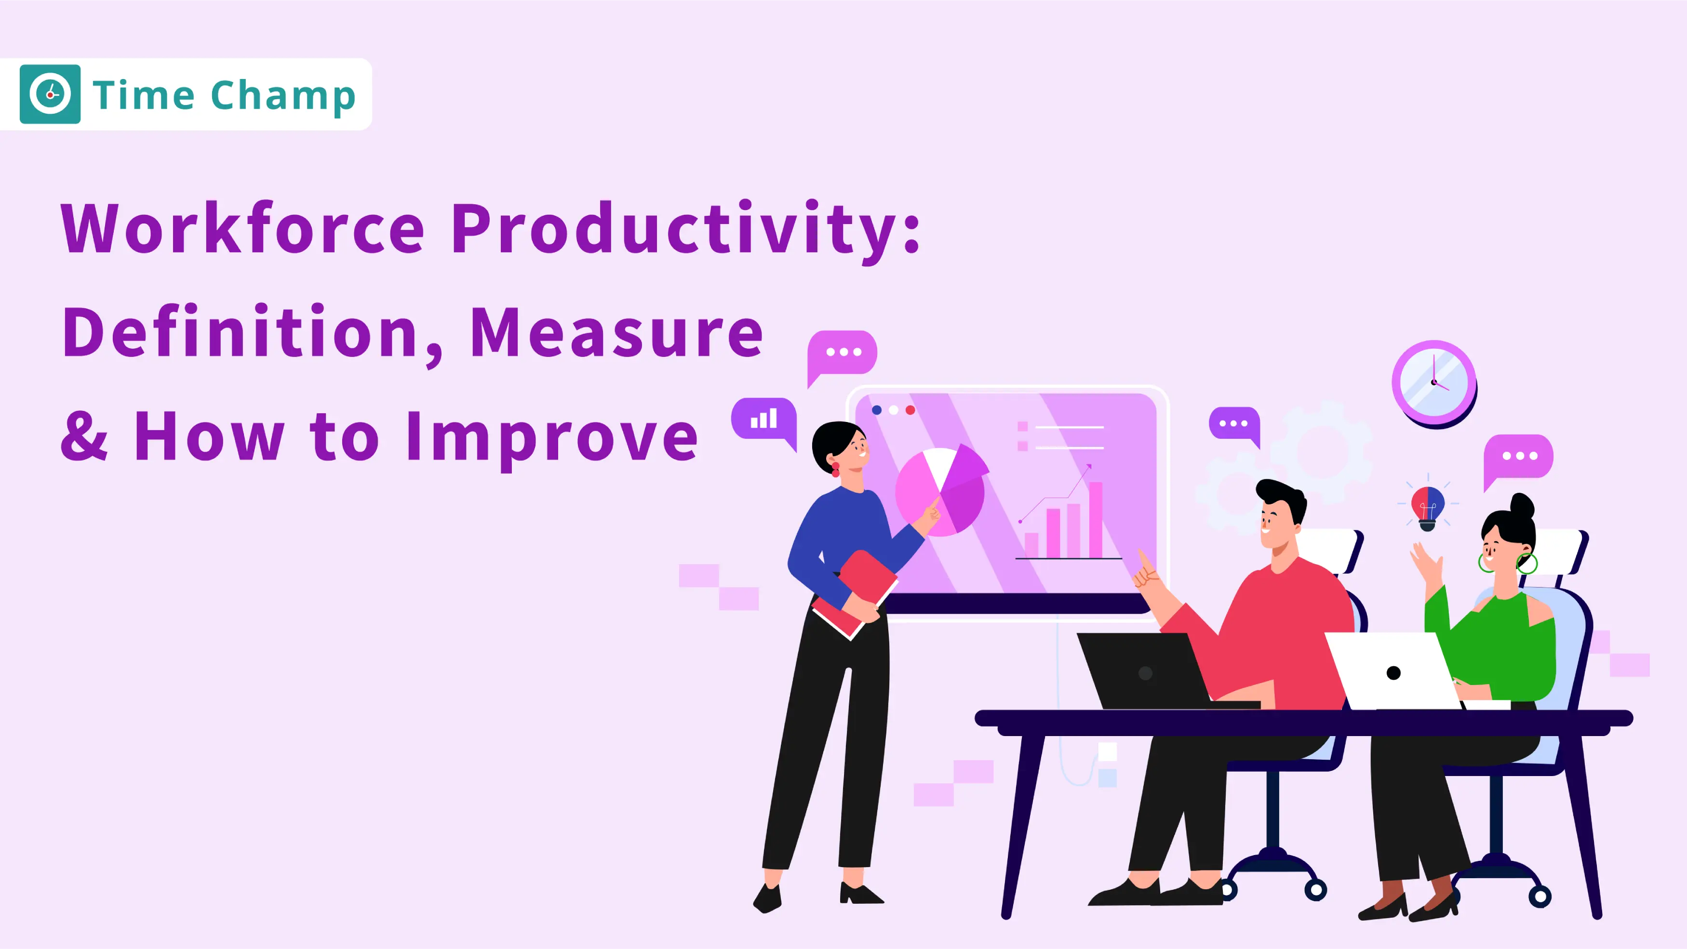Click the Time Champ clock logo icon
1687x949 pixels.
50,94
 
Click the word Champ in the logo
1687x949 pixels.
283,97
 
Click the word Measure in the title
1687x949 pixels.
616,332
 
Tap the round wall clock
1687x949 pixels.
1434,384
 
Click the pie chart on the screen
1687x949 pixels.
941,489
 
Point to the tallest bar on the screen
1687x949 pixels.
1096,520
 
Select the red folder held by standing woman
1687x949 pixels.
855,593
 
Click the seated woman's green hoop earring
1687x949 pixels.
1527,563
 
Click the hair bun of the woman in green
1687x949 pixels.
1523,506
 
